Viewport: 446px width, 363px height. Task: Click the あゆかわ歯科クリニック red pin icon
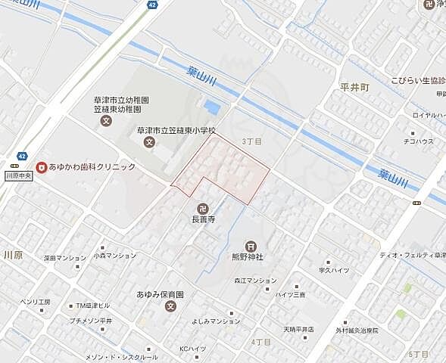[41, 166]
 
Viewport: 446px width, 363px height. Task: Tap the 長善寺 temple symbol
[204, 207]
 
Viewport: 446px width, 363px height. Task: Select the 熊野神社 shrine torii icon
[251, 246]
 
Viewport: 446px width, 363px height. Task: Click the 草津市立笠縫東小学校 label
[176, 130]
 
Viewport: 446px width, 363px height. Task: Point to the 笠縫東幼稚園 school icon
[107, 120]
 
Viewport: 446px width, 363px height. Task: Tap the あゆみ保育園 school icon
[171, 306]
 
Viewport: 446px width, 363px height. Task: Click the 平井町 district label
[354, 88]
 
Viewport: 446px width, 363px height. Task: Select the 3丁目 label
[251, 141]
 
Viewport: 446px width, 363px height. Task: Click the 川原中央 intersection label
[18, 175]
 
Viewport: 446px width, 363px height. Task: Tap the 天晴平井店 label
[298, 329]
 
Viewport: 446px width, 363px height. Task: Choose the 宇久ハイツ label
[334, 269]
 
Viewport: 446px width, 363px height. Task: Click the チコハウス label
[418, 141]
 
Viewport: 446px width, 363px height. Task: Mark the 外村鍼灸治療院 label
[358, 330]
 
